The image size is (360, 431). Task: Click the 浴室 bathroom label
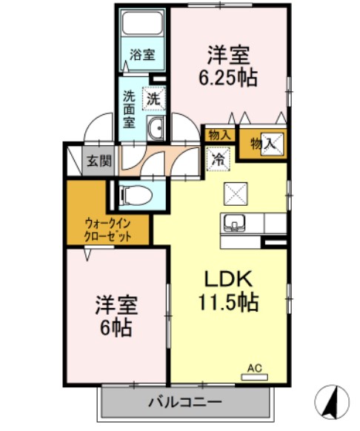pos(142,55)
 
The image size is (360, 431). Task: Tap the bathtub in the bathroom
pos(143,25)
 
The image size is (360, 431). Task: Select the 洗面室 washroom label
pos(130,108)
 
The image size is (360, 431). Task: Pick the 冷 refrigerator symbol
pos(219,158)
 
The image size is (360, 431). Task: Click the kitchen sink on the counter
pos(236,222)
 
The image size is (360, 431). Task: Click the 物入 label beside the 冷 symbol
pos(219,135)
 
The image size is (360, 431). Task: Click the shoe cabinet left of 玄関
pos(73,161)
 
